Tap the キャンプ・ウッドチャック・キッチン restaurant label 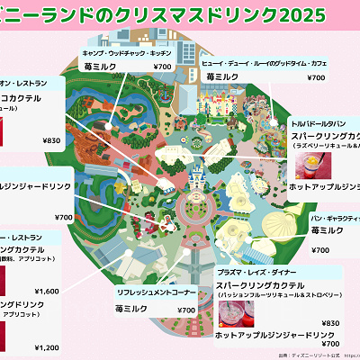(125, 53)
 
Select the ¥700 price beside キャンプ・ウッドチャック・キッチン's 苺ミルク (162, 67)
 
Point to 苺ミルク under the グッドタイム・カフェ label (221, 78)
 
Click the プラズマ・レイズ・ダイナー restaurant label (258, 273)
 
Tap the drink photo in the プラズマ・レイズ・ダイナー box (237, 312)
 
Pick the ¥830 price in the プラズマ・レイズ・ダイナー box (329, 323)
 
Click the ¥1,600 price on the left (46, 292)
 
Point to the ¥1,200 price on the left (46, 347)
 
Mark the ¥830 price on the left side (51, 139)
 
